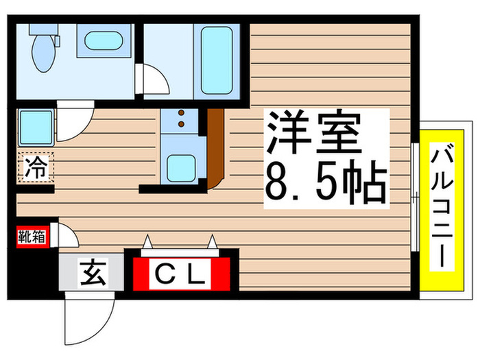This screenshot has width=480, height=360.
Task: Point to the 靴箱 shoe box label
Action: [32, 237]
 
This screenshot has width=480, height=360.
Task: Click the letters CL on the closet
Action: [180, 276]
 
